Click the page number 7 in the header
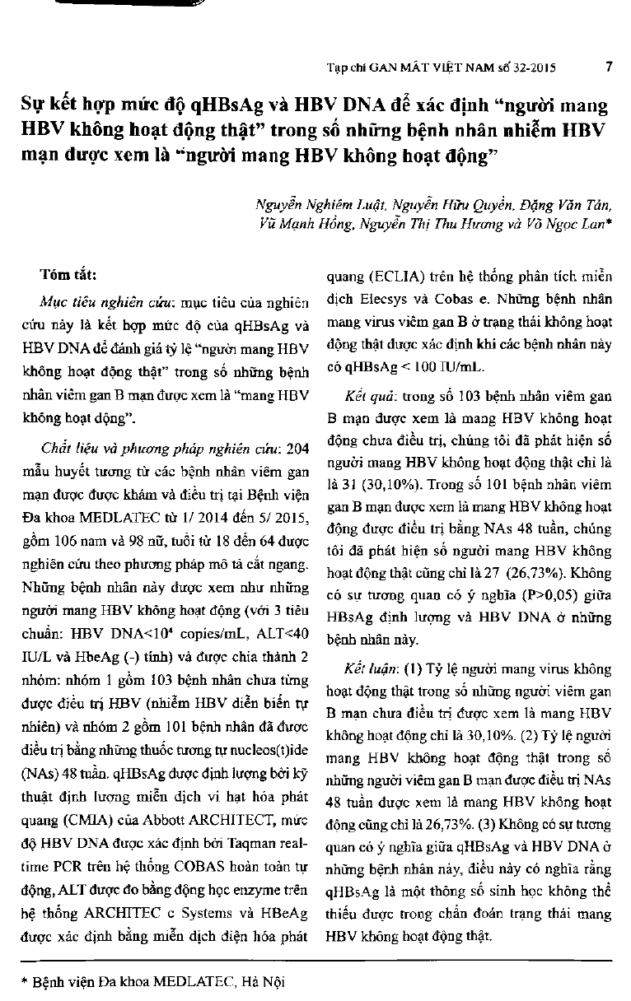pos(607,68)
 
